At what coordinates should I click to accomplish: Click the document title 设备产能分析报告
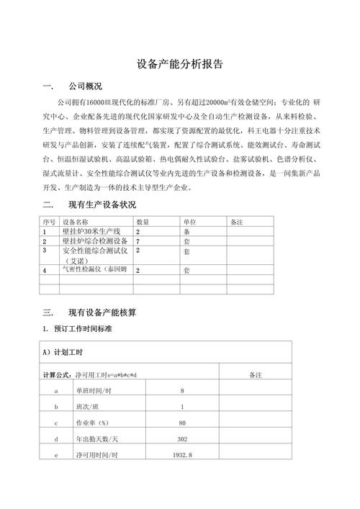[x=180, y=64]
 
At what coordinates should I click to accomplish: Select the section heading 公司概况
[x=84, y=87]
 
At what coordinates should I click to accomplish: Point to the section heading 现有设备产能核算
[x=102, y=312]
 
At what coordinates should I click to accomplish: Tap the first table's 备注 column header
[x=237, y=222]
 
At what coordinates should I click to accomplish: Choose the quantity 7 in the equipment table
[x=138, y=242]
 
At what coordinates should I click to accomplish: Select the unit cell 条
[x=186, y=233]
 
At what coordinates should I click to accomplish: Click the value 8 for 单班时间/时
[x=182, y=390]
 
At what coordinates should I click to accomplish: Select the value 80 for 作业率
[x=182, y=423]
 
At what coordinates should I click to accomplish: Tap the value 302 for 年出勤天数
[x=182, y=439]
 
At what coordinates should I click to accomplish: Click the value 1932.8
[x=182, y=456]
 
